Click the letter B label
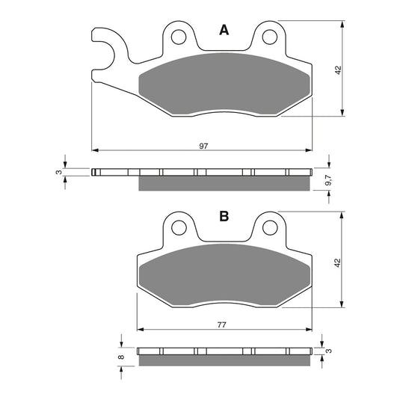click(x=223, y=217)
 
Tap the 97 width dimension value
click(x=203, y=146)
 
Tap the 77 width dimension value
click(x=224, y=325)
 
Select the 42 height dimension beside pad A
click(x=338, y=69)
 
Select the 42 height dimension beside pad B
click(x=338, y=264)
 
